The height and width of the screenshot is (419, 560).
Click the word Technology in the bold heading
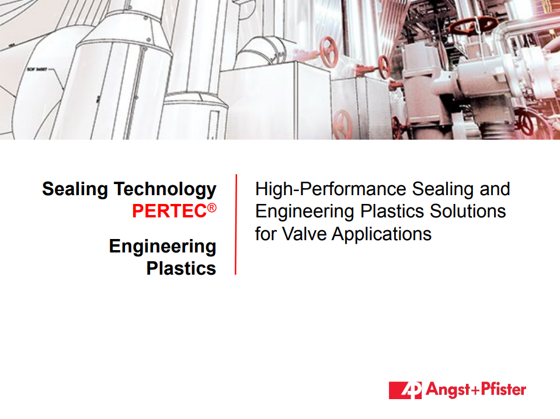(x=165, y=189)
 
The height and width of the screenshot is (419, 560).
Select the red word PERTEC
(x=169, y=211)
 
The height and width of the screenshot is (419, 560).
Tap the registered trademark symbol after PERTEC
(x=212, y=207)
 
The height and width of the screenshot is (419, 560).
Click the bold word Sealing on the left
(x=75, y=189)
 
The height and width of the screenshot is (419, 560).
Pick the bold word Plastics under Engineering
(x=181, y=268)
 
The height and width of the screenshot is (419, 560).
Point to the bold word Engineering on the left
(x=162, y=247)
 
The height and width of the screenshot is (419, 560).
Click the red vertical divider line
(x=236, y=224)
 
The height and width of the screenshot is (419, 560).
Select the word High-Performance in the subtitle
(x=331, y=189)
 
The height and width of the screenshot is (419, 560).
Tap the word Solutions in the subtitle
(x=468, y=211)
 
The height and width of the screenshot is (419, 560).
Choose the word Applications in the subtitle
(x=381, y=235)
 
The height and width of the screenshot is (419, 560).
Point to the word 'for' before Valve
(x=266, y=234)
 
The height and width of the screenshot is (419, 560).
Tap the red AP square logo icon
(x=405, y=390)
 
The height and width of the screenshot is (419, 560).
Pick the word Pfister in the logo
(x=503, y=389)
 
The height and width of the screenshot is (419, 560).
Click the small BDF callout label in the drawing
(x=37, y=69)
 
